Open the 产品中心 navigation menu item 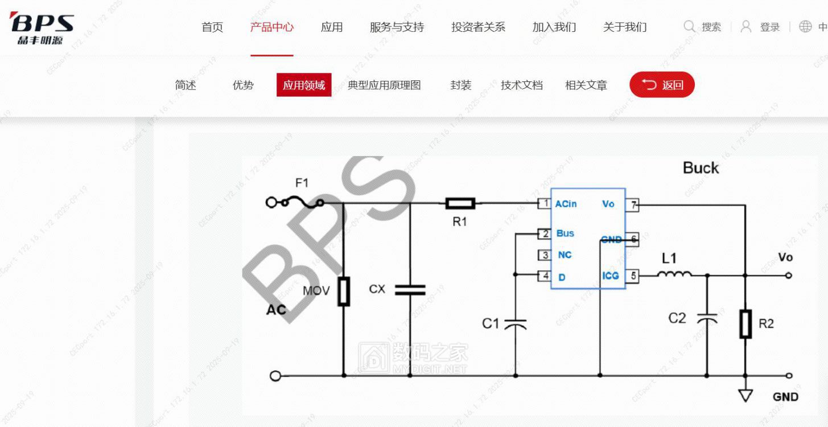click(x=271, y=27)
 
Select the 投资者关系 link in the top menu click(x=478, y=27)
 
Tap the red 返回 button click(x=662, y=85)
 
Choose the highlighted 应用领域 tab click(x=304, y=85)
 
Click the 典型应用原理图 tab click(x=384, y=85)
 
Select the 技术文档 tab click(x=521, y=85)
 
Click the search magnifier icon click(x=689, y=27)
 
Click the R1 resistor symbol click(x=460, y=203)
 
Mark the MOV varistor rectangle click(x=343, y=291)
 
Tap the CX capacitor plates click(x=410, y=289)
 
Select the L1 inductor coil click(x=674, y=274)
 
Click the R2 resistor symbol click(x=745, y=323)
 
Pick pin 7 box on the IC click(x=633, y=204)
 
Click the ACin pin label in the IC click(x=566, y=204)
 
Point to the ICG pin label click(x=610, y=276)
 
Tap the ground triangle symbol click(x=745, y=395)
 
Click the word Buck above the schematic click(x=701, y=168)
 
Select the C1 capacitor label click(x=490, y=323)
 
